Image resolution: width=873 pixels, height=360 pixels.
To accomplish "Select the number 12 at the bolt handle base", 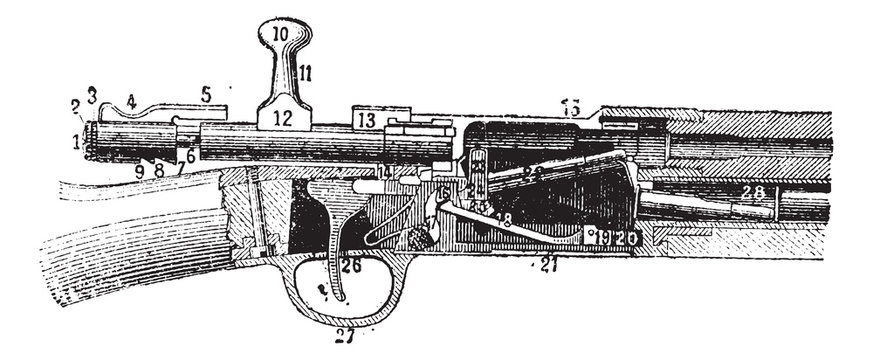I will point(282,118).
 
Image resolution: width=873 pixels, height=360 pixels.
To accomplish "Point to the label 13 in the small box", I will point(366,120).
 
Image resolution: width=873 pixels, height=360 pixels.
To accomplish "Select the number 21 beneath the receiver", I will point(547,264).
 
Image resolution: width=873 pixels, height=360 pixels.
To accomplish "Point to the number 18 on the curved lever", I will point(504,219).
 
